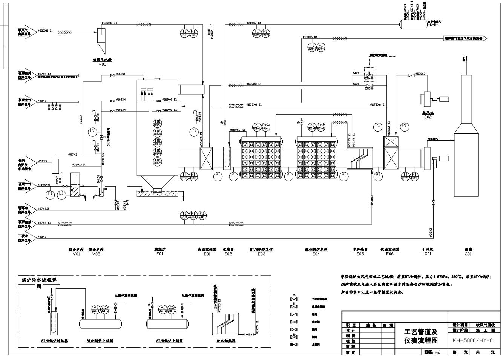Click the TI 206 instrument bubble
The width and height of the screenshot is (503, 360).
point(184,33)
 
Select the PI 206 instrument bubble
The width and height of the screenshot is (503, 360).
point(193,33)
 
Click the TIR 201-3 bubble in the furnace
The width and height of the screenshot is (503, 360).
point(157,142)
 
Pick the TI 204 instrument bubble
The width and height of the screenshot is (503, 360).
point(184,215)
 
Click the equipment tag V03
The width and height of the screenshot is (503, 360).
point(103,64)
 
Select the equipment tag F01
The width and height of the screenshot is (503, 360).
point(160,254)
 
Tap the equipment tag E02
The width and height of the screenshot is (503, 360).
point(228,254)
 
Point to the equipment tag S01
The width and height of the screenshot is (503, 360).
point(468,254)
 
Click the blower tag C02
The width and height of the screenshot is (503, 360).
point(428,117)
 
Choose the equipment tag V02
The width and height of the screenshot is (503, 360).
point(96,254)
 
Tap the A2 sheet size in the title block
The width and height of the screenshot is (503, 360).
point(437,352)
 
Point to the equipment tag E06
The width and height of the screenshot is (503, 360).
point(390,254)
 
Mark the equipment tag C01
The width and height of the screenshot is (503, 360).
point(428,254)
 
